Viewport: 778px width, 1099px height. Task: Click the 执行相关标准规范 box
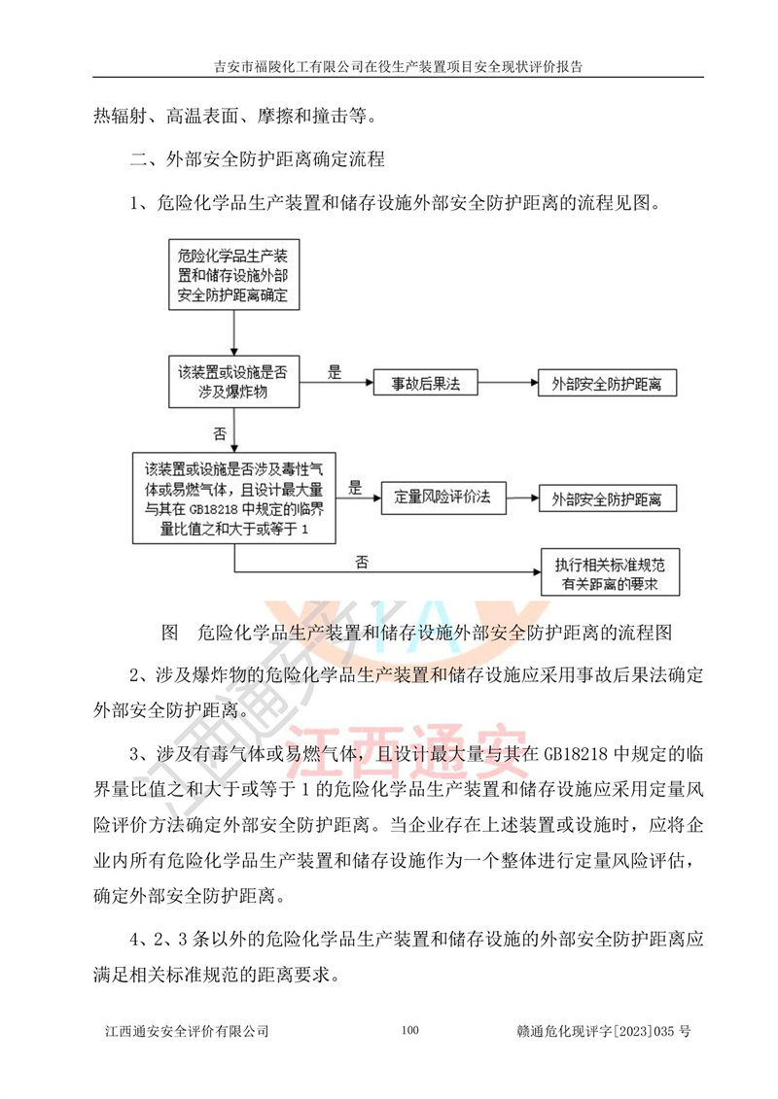click(610, 573)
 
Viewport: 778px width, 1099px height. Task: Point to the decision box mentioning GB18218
click(233, 496)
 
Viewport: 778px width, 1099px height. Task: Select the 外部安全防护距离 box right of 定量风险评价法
click(605, 498)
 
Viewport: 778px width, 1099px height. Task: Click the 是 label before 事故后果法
click(334, 371)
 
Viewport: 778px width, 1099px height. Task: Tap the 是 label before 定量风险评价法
click(355, 487)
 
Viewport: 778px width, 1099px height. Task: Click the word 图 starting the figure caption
click(168, 633)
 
